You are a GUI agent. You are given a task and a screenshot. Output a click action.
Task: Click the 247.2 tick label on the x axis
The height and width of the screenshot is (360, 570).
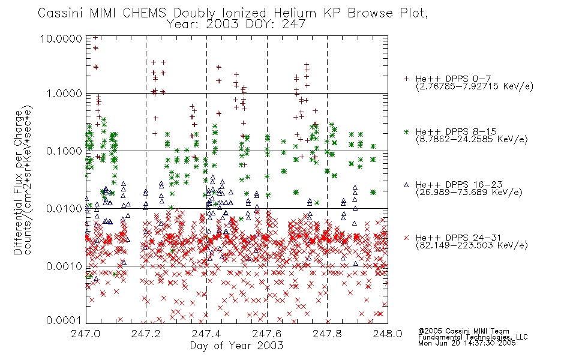coord(146,334)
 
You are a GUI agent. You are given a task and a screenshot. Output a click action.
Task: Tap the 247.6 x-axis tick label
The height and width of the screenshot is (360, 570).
coord(267,334)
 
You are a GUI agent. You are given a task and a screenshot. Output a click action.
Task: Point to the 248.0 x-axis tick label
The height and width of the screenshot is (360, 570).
coord(388,334)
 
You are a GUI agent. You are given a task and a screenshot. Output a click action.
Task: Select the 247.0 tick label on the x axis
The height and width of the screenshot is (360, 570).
coord(85,334)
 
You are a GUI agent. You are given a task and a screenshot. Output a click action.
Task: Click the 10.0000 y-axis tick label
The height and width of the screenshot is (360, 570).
coord(61,38)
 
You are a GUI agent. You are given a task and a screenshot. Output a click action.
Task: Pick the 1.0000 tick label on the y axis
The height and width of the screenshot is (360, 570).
coord(64,94)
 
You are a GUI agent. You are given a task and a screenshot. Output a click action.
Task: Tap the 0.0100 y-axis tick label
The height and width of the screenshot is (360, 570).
coord(64,209)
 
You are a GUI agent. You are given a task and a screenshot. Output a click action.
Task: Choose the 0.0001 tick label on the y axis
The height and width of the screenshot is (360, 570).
coord(64,320)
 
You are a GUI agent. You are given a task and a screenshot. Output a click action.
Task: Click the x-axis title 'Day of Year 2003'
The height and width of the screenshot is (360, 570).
coord(236,346)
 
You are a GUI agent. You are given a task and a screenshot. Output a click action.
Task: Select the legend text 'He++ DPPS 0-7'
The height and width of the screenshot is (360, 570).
coord(453,79)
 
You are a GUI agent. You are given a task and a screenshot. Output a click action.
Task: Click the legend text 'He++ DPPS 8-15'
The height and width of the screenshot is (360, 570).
coord(456,131)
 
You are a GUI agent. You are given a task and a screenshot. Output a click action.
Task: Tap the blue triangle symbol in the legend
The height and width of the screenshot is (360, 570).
coord(406,185)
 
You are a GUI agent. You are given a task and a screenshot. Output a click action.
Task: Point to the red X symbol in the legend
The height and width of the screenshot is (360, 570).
coord(406,238)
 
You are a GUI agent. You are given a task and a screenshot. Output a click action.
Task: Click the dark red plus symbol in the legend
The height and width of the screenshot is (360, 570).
coord(406,79)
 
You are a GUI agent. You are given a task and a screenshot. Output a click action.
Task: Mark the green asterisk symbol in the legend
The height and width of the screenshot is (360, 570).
coord(406,131)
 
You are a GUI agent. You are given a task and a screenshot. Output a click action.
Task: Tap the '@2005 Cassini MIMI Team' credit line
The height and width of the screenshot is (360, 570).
coord(463,331)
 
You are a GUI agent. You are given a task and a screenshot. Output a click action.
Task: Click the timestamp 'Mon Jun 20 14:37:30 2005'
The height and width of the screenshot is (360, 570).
coord(467,343)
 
